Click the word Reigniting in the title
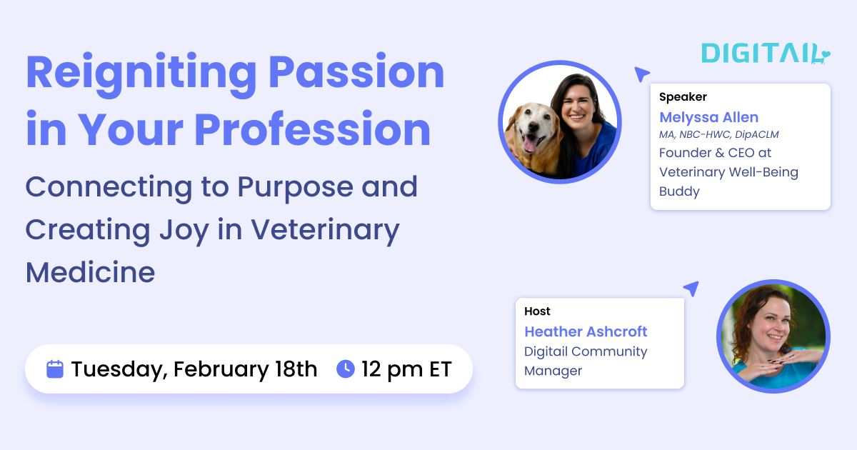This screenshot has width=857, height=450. tap(141, 74)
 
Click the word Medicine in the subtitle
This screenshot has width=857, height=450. tap(90, 271)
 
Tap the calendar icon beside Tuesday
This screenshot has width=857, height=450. tap(55, 369)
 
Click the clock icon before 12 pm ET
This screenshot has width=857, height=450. tap(346, 369)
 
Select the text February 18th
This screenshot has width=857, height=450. tap(245, 369)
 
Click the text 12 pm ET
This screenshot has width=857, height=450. tap(406, 369)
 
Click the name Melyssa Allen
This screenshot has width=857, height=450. tap(708, 117)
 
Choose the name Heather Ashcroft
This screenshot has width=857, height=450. tap(586, 331)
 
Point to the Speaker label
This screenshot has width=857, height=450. tap(683, 97)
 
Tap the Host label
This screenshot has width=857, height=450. tap(537, 311)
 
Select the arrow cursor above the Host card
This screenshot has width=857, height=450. tap(691, 289)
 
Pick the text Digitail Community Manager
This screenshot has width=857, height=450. tap(586, 361)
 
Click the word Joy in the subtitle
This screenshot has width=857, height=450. tap(189, 229)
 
